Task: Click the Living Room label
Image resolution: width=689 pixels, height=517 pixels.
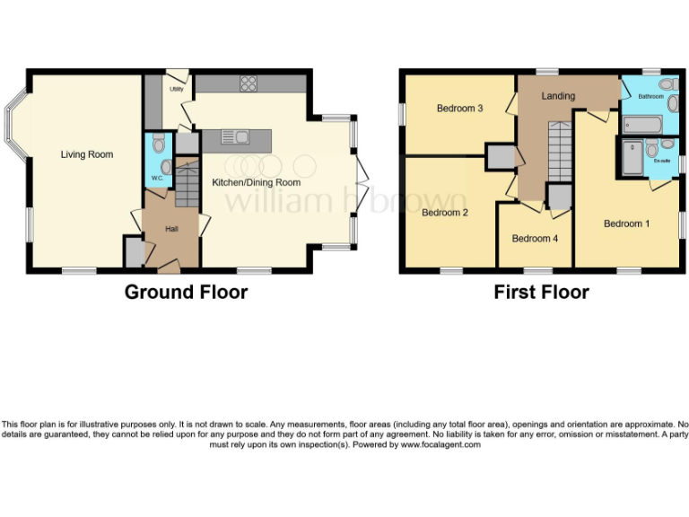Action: tap(87, 154)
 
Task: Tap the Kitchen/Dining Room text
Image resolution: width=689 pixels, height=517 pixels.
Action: tap(256, 182)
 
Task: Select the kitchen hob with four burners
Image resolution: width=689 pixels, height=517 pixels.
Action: tap(248, 83)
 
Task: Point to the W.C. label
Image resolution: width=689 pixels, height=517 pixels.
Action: tap(157, 178)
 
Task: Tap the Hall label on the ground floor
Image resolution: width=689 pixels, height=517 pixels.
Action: tap(171, 229)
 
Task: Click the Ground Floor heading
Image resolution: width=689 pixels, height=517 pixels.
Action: tap(186, 292)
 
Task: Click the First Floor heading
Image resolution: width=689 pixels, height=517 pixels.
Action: tap(541, 292)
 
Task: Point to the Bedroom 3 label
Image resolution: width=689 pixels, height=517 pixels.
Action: tap(460, 109)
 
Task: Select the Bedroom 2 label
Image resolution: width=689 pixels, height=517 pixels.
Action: tap(446, 213)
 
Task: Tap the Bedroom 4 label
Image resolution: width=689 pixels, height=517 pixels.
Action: tap(535, 239)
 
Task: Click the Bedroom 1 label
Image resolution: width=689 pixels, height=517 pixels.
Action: tap(626, 223)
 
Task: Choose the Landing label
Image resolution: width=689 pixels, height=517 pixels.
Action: tap(558, 96)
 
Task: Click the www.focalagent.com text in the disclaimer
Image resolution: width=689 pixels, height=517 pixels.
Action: tap(440, 444)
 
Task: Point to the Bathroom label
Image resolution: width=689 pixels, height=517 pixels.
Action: tap(650, 96)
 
